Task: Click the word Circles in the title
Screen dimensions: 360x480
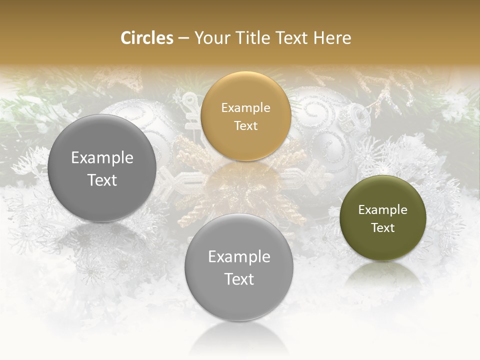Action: pos(146,38)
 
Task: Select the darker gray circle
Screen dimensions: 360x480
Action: pos(102,168)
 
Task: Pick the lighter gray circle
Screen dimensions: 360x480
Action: pos(238,267)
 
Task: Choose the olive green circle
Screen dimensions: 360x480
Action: pos(382,218)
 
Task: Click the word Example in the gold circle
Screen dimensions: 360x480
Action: pos(245,107)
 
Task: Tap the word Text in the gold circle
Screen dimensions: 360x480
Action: pos(245,125)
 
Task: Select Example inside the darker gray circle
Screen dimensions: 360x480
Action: pos(102,157)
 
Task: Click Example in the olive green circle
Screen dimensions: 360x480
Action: pos(382,209)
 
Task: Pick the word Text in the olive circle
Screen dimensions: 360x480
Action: pos(382,227)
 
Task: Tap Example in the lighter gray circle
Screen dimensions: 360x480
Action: pos(238,256)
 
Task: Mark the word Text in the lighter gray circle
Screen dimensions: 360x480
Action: pos(238,278)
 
